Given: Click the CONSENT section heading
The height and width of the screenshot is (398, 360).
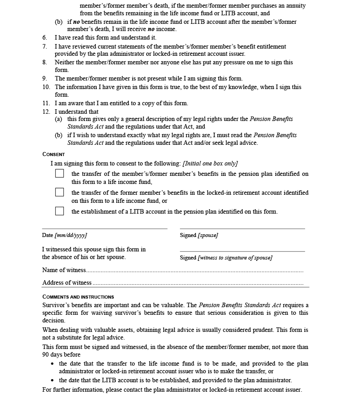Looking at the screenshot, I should (54, 154).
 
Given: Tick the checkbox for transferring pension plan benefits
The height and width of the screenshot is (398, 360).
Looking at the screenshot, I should (59, 174).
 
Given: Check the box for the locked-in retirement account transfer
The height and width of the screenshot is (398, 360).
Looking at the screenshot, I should (59, 192).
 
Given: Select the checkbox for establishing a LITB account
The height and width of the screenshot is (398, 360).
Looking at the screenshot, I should (59, 211).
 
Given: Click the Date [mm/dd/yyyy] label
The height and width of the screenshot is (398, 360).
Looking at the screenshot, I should (64, 235).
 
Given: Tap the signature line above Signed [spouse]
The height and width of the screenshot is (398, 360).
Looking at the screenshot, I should (242, 228).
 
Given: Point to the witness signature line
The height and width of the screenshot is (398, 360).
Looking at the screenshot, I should (242, 251).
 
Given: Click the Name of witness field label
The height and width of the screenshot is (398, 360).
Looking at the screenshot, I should (64, 270).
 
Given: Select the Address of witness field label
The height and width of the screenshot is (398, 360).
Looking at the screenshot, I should (67, 282).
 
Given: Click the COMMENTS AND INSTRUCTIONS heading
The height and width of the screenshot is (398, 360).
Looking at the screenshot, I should (78, 297).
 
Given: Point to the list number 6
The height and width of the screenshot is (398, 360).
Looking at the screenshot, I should (45, 38).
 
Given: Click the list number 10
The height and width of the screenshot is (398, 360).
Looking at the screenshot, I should (46, 87).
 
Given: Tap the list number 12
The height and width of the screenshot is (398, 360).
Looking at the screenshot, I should (46, 112).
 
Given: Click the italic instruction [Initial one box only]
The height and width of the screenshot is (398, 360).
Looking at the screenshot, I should (210, 164).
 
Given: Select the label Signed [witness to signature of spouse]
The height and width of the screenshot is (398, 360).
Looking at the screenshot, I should (226, 258).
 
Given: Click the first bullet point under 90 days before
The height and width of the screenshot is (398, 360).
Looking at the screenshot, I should (53, 364).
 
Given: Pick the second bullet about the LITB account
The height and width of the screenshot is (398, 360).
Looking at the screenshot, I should (53, 380).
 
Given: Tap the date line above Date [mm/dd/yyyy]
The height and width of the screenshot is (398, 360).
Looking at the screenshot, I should (104, 228).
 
